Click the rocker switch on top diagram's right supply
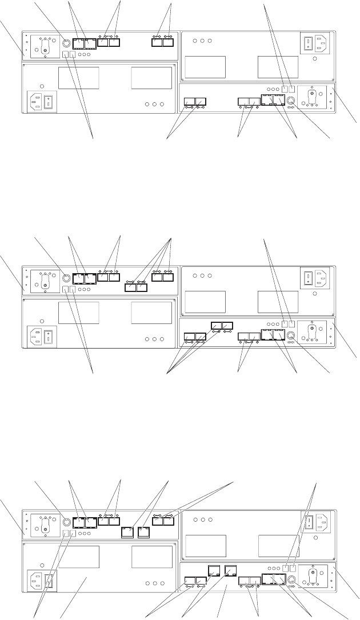[307, 43]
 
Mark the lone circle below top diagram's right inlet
[314, 58]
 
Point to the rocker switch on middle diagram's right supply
[307, 278]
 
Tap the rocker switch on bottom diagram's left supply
[50, 579]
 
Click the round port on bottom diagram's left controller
[66, 521]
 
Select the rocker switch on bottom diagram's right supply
[307, 521]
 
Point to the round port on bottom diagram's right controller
[293, 579]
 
